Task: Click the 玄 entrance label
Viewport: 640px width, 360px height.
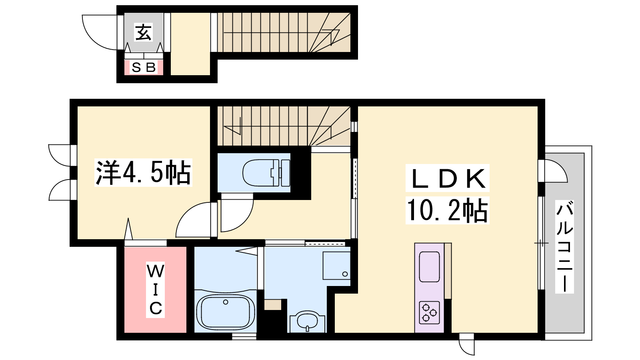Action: click(x=144, y=32)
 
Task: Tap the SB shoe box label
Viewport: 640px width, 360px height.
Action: click(x=144, y=68)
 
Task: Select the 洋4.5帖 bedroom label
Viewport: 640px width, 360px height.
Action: click(x=143, y=172)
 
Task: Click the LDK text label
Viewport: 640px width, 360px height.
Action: click(x=448, y=178)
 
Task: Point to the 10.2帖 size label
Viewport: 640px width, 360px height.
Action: click(x=447, y=210)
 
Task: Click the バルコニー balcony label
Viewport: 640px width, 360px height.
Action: click(x=564, y=247)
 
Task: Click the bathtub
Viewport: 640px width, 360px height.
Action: click(x=226, y=312)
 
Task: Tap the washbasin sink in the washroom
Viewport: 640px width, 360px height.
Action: click(x=308, y=322)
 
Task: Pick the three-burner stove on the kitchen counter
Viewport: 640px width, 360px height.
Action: click(x=429, y=312)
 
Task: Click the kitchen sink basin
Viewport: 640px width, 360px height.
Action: click(x=429, y=266)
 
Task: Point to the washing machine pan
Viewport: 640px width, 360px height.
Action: click(x=336, y=266)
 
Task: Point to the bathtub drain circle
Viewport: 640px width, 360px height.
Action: click(x=226, y=302)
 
